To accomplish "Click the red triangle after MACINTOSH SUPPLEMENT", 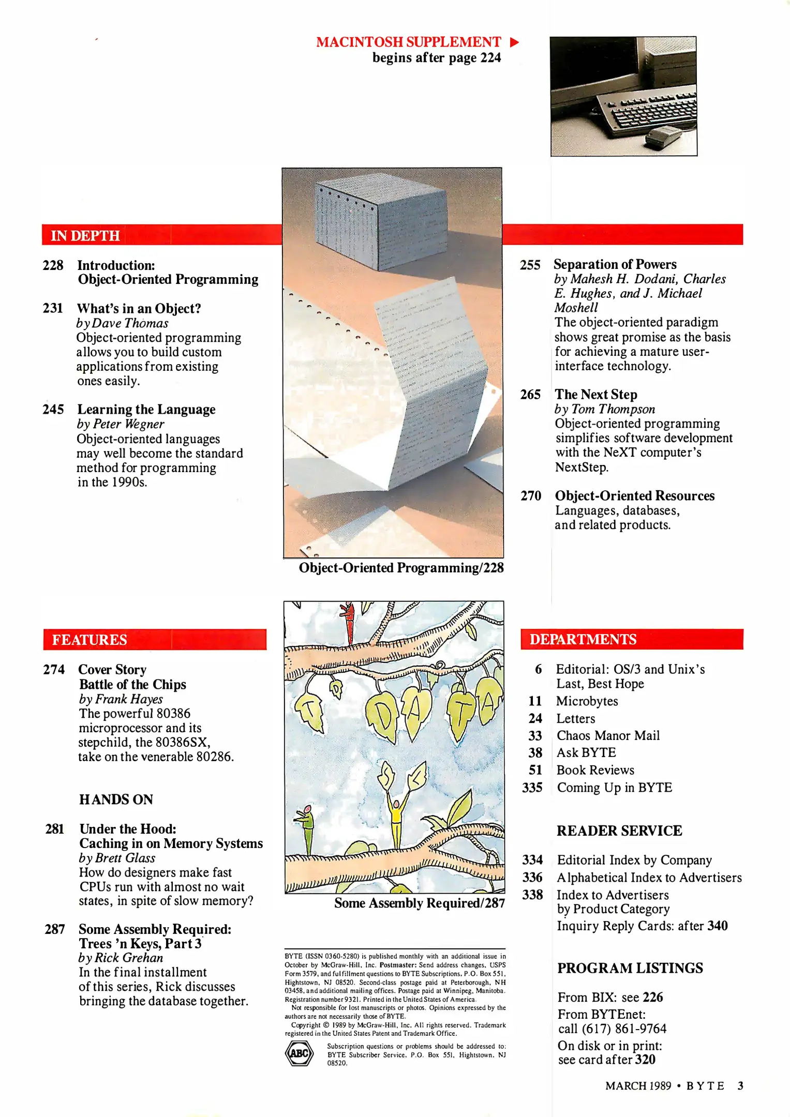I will tap(514, 42).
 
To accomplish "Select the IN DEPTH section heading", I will tap(85, 236).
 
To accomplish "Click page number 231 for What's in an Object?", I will tap(53, 308).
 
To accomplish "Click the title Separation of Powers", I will tap(615, 264).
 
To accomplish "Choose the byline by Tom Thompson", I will tap(604, 409).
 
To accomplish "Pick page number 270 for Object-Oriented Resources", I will tap(531, 496).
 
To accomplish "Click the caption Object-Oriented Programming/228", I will tap(401, 568).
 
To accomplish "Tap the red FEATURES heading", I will tap(90, 640).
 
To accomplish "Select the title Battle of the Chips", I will tap(132, 684).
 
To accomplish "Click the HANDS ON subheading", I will tap(116, 799).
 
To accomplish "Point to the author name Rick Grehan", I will tap(129, 958).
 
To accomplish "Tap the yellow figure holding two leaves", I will tap(396, 822).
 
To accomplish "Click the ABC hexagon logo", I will tap(300, 1053).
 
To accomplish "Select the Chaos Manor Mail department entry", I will tap(608, 735).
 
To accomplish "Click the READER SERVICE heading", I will tap(619, 831).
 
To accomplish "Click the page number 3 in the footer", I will tap(740, 1085).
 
